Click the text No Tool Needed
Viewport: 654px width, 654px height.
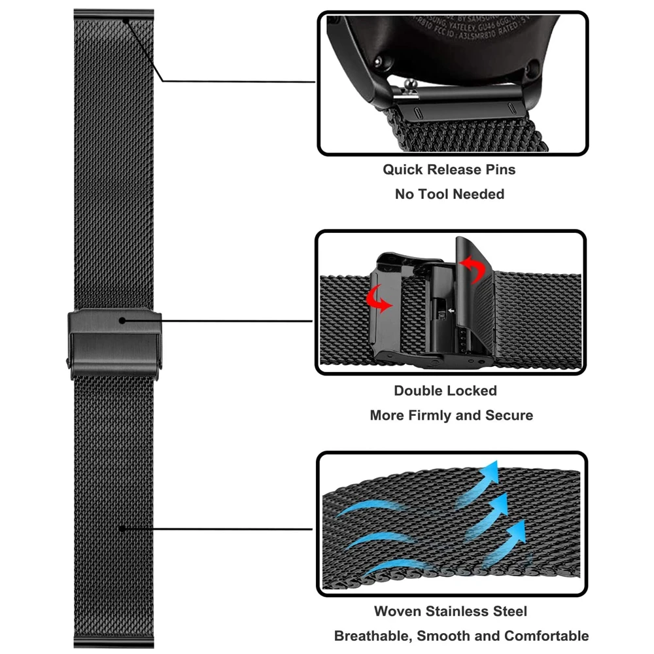(449, 194)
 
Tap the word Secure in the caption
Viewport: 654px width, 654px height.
(509, 415)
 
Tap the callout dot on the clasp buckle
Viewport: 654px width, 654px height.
(123, 320)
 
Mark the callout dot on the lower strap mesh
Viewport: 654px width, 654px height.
(122, 528)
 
